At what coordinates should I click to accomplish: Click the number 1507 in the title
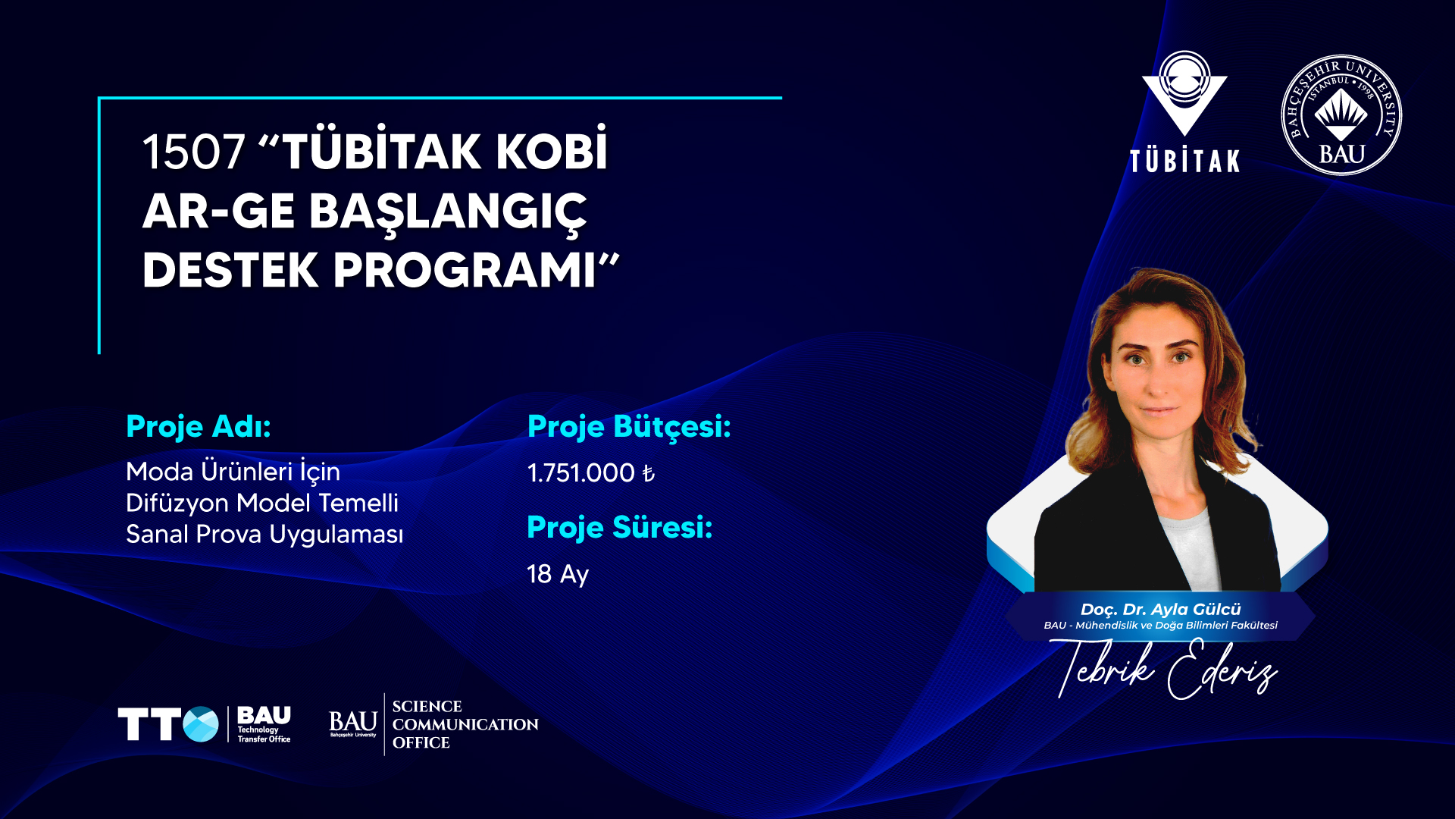(194, 152)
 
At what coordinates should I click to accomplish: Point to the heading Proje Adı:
(199, 427)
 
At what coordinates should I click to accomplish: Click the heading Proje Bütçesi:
(629, 427)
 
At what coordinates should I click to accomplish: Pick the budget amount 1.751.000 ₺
(591, 473)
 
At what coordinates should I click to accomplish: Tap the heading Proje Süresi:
(620, 528)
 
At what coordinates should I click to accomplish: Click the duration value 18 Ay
(558, 574)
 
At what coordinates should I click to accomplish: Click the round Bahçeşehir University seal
(1341, 115)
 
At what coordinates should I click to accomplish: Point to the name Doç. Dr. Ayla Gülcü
(1160, 610)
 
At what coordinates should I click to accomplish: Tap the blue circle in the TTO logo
(201, 724)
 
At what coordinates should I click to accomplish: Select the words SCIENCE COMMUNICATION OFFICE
(465, 725)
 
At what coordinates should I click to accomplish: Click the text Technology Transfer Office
(264, 735)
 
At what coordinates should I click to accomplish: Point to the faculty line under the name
(1160, 626)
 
